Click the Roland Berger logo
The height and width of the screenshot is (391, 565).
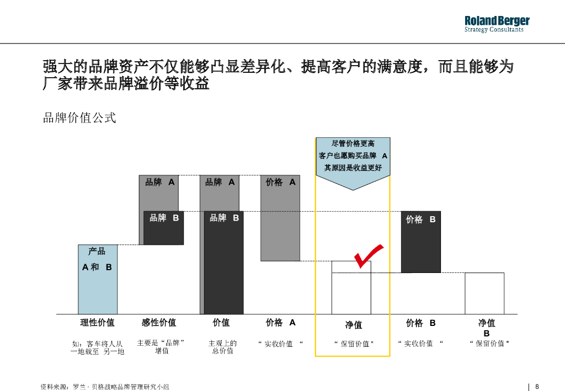coord(497,24)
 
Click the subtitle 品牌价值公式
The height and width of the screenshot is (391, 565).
coord(79,117)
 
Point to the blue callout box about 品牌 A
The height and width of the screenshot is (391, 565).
coord(353,157)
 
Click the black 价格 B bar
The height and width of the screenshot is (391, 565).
coord(420,242)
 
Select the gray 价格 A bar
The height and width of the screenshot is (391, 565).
coord(280,218)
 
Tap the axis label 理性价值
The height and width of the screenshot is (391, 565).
coord(98,323)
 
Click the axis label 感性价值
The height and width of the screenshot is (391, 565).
coord(159,323)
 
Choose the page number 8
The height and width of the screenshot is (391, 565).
coord(537,387)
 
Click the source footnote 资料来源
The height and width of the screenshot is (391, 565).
coord(105,387)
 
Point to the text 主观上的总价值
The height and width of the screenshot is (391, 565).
coord(222,347)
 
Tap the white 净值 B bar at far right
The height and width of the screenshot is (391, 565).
coord(484,293)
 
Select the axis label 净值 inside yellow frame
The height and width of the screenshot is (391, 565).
coord(354,325)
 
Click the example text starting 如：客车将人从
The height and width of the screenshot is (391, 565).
coord(98,347)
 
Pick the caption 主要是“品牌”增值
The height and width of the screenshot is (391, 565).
coord(161,347)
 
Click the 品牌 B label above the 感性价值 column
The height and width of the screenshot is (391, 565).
coord(164,218)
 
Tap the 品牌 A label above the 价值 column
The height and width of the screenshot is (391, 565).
coord(220,182)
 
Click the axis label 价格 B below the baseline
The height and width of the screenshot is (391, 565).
coord(420,323)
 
